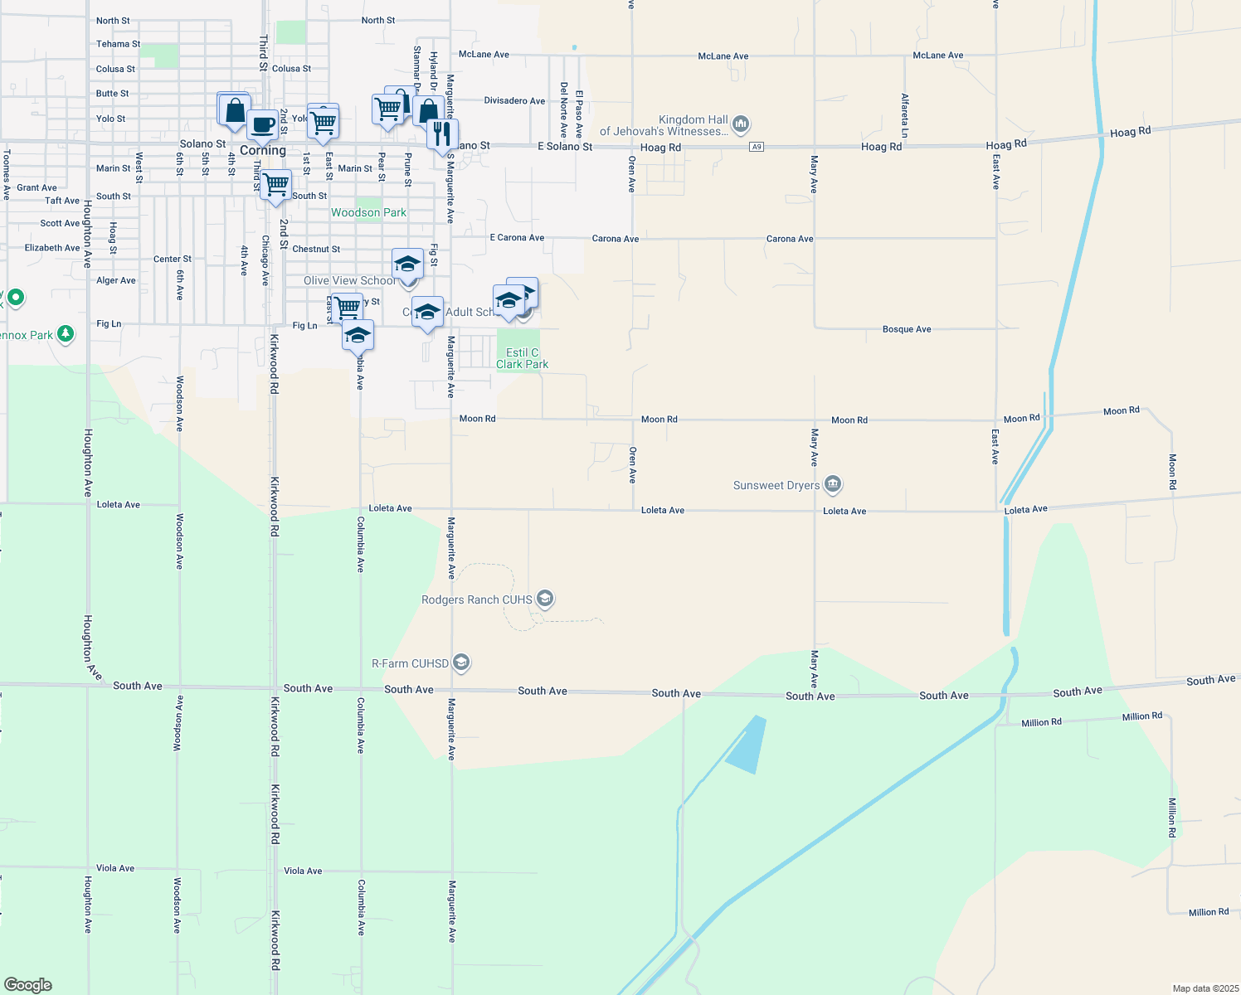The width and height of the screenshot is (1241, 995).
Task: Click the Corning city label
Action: [x=262, y=151]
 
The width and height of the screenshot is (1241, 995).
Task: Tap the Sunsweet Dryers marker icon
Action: [x=834, y=484]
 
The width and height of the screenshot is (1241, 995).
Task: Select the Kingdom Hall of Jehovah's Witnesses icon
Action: [x=741, y=124]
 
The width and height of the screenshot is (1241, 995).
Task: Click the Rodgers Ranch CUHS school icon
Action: [x=545, y=599]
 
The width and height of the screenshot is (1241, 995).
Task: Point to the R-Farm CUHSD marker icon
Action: [x=462, y=663]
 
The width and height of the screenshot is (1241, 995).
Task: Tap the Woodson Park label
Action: [x=368, y=213]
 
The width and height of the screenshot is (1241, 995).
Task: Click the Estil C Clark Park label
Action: [x=522, y=358]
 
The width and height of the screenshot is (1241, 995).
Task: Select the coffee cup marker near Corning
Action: [x=263, y=126]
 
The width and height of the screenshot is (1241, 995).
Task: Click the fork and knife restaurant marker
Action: [x=442, y=133]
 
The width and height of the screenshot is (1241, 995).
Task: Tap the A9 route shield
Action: [x=756, y=147]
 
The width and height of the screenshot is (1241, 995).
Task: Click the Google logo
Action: [x=28, y=985]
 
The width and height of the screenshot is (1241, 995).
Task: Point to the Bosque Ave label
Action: [x=907, y=329]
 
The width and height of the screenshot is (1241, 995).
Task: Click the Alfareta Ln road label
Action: [x=905, y=115]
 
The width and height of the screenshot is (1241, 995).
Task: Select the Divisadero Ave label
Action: [x=514, y=101]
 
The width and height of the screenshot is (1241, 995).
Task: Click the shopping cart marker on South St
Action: [x=275, y=184]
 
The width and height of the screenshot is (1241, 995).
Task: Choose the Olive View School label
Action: [x=349, y=281]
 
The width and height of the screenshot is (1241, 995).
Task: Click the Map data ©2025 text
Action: [x=1204, y=988]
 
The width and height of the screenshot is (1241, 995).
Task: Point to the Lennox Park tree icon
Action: [x=65, y=334]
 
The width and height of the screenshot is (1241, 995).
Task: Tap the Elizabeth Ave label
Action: [x=52, y=248]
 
